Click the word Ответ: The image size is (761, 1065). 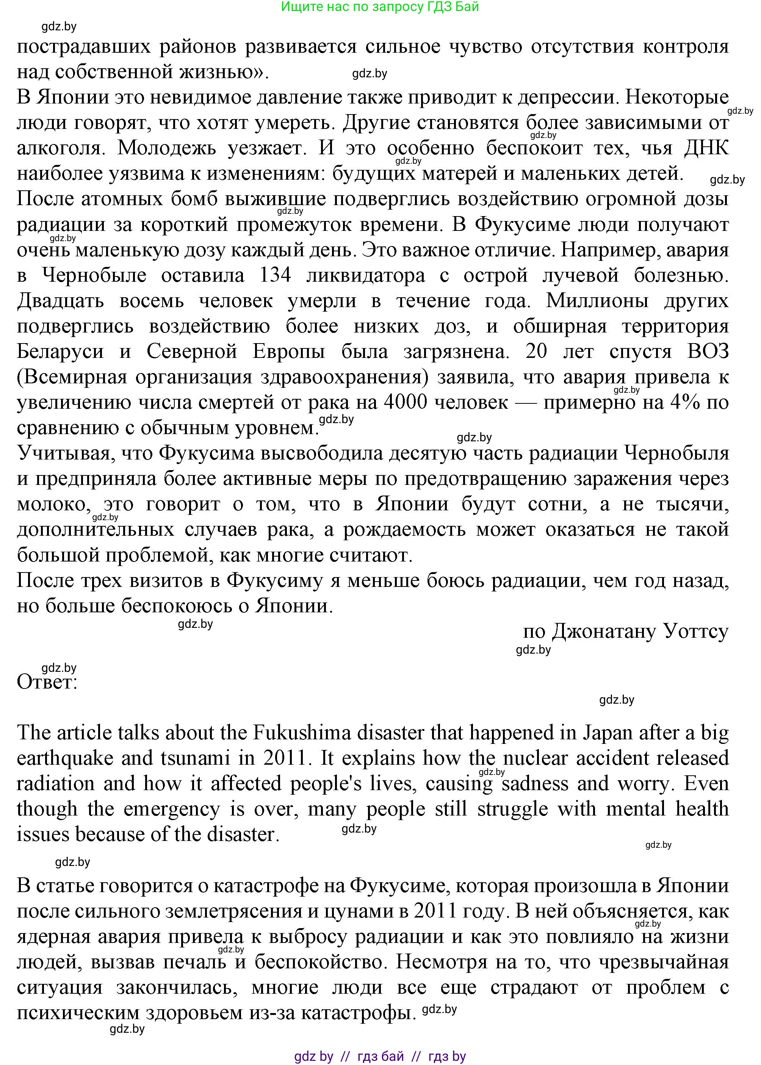click(47, 682)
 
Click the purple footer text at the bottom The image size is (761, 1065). click(380, 1053)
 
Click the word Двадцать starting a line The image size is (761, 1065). click(61, 301)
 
